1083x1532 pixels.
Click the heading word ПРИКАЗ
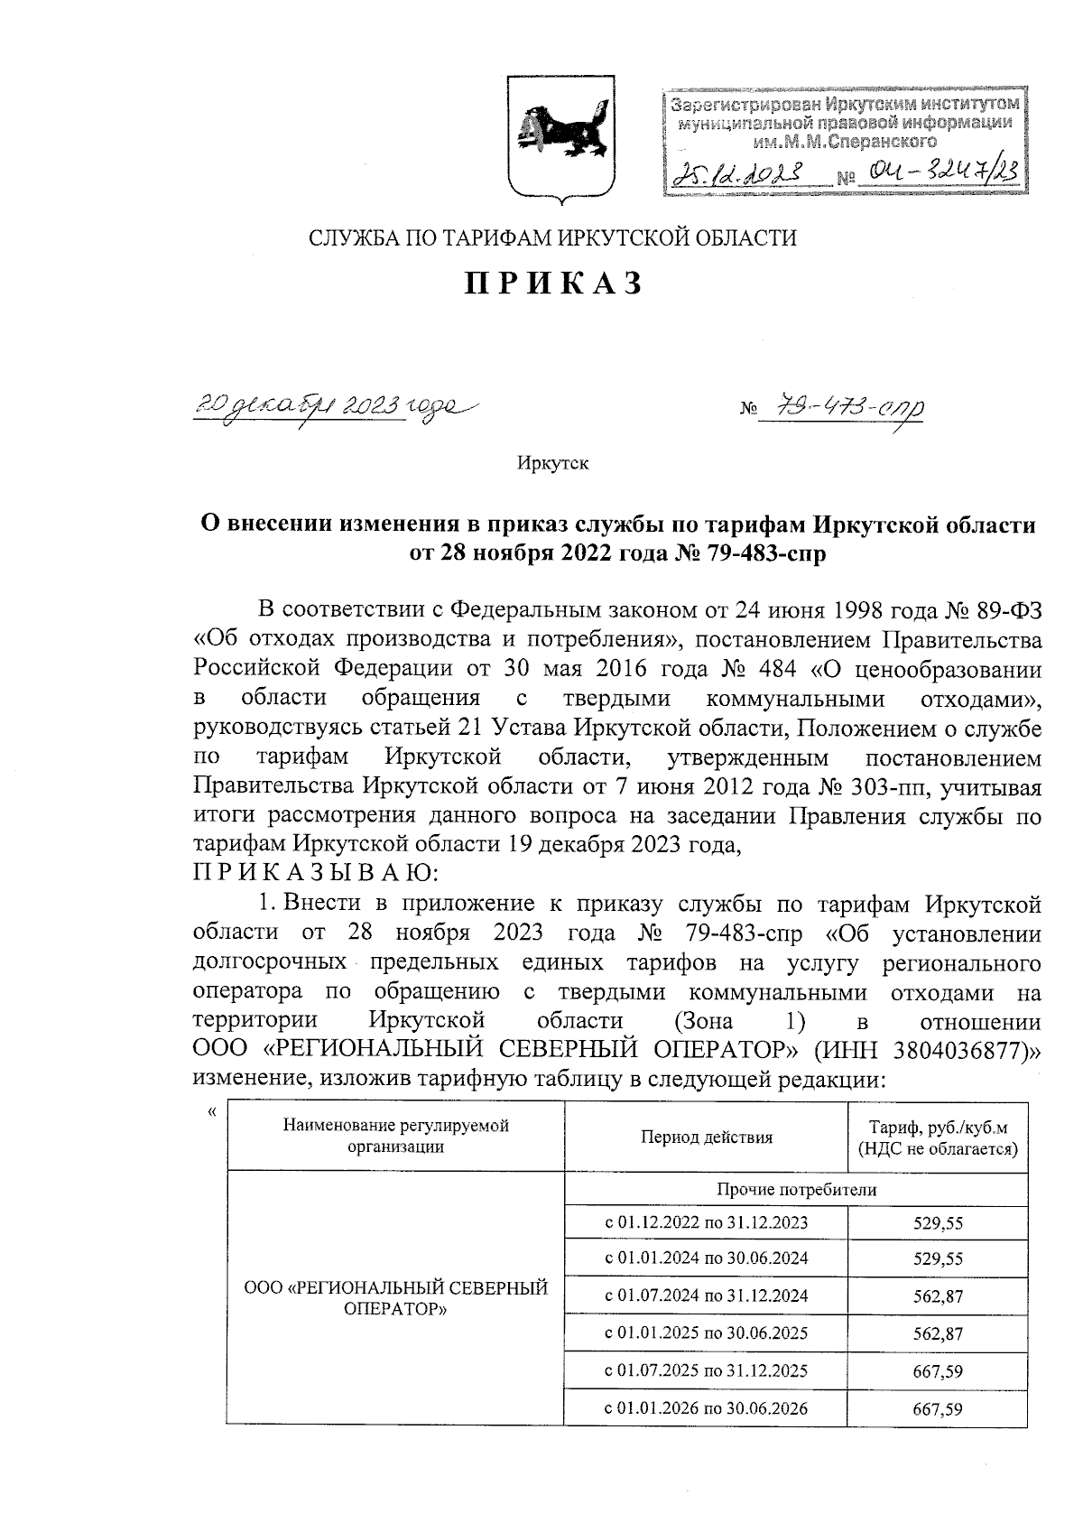click(x=553, y=283)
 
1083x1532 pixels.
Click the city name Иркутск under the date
click(x=552, y=463)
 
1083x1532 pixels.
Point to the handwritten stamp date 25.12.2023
click(x=736, y=172)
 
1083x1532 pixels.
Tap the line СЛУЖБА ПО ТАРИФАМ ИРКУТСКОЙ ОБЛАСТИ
click(x=553, y=238)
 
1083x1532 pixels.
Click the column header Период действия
click(x=706, y=1137)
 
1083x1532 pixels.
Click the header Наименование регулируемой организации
click(x=396, y=1137)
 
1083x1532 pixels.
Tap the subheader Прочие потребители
click(x=796, y=1190)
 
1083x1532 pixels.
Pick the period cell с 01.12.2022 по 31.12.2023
click(x=706, y=1222)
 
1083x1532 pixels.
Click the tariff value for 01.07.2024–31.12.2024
click(x=938, y=1296)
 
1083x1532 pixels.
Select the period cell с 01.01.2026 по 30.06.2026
click(x=706, y=1408)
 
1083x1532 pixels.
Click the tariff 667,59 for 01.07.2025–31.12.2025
click(x=938, y=1371)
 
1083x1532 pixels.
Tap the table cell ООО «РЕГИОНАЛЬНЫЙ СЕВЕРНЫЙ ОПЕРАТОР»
click(x=396, y=1298)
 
